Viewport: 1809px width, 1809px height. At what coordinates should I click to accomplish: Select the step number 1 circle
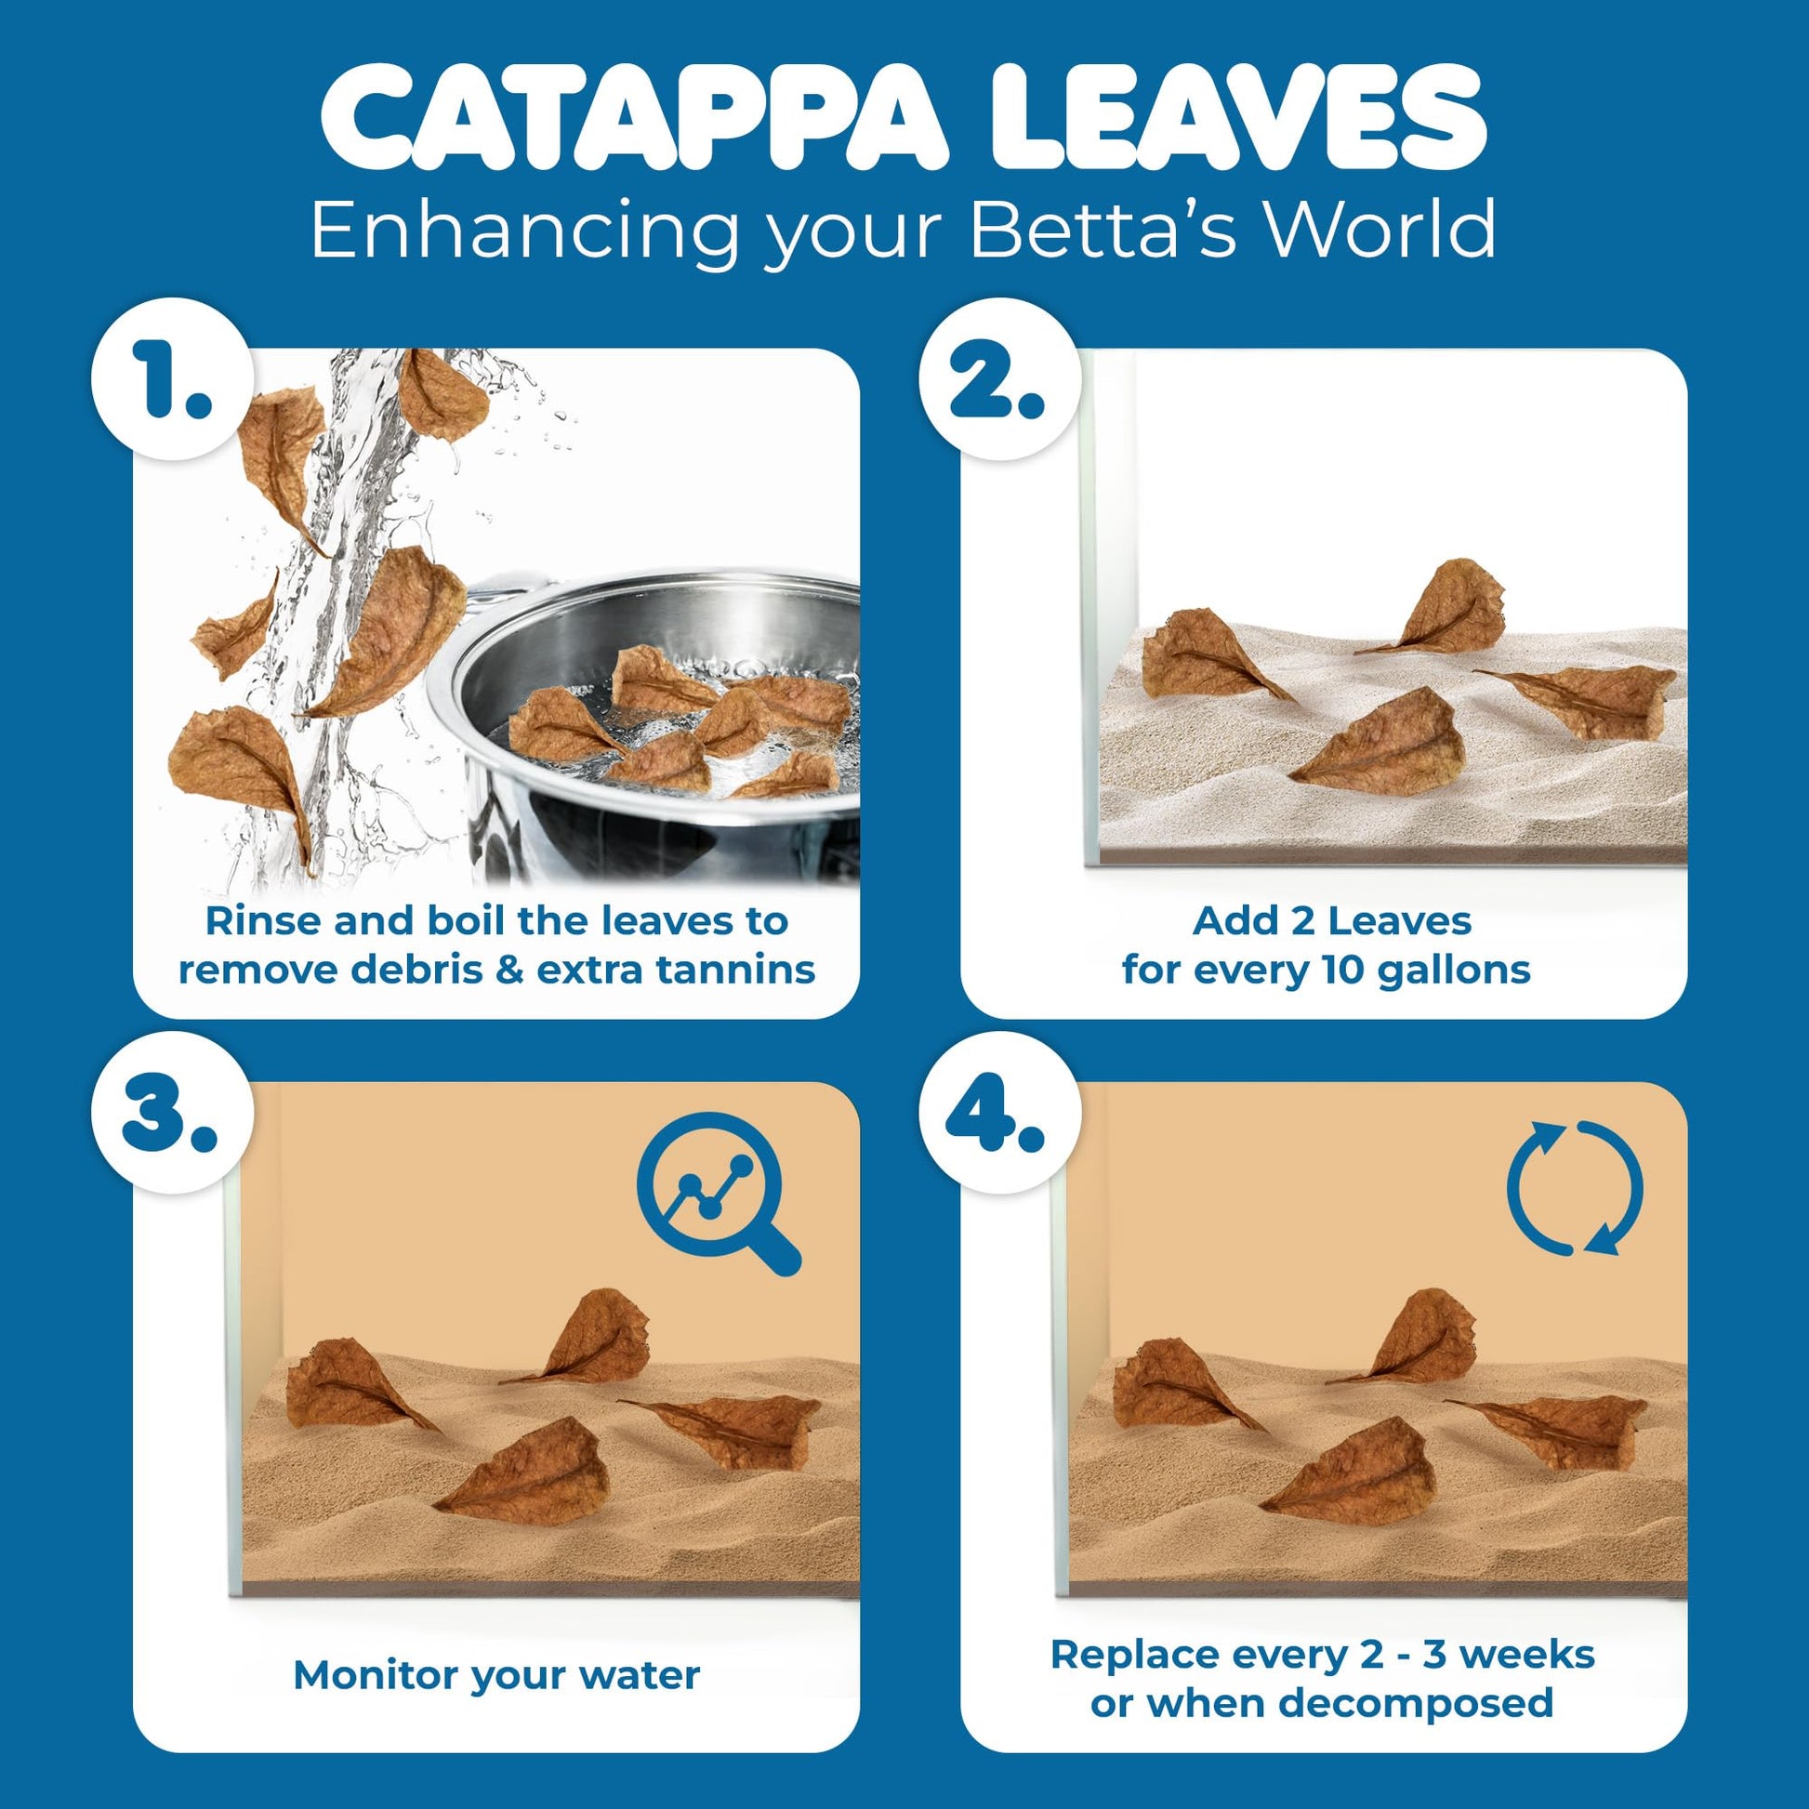pyautogui.click(x=173, y=379)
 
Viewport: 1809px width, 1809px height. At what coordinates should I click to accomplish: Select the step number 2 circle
pyautogui.click(x=999, y=379)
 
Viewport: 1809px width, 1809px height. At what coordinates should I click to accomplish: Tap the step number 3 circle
pyautogui.click(x=173, y=1113)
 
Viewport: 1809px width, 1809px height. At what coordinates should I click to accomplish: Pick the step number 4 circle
pyautogui.click(x=999, y=1113)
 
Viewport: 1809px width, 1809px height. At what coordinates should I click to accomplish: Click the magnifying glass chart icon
pyautogui.click(x=716, y=1192)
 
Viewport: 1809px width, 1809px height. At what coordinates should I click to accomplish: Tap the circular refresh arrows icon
pyautogui.click(x=1575, y=1187)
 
